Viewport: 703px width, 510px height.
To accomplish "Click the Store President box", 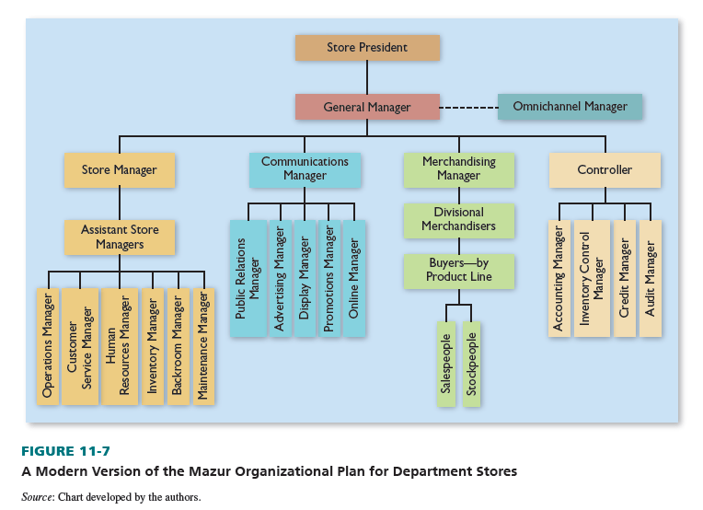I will point(367,48).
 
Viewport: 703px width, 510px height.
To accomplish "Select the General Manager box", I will point(367,107).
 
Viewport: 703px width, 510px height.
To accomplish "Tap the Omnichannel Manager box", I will point(570,107).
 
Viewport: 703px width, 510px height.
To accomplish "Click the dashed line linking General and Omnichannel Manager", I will point(468,107).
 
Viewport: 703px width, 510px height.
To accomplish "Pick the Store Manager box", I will point(119,170).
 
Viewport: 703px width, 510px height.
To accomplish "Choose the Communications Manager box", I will point(305,169).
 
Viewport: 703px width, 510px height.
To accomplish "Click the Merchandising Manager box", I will point(458,169).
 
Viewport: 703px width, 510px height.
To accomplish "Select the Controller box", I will point(605,170).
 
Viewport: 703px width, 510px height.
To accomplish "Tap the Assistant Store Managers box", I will point(119,238).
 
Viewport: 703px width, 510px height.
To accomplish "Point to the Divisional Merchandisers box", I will point(458,219).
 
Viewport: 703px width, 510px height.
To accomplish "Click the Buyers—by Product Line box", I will point(458,270).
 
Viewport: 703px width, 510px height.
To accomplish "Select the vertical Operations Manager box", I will point(48,346).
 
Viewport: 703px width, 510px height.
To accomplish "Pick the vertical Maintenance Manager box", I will point(203,346).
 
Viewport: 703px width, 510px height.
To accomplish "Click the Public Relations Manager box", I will point(248,278).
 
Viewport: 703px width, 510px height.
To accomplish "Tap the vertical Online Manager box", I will point(354,278).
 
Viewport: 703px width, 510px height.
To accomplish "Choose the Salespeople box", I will point(446,364).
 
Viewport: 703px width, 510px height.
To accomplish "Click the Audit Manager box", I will point(651,278).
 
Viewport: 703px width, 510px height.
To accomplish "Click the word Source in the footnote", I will point(38,496).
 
